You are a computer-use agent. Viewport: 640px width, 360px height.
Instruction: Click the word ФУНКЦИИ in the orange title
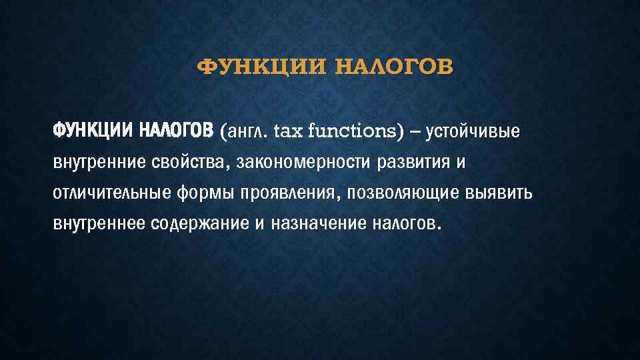[246, 67]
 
